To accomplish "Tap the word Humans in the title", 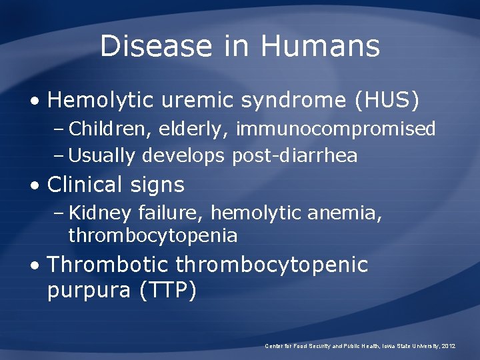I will tap(320, 47).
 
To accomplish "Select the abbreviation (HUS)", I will tap(388, 100).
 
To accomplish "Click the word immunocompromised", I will tap(336, 129).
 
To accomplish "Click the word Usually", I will tap(102, 156).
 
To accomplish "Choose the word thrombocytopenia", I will tap(153, 236).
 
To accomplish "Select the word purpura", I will tap(89, 291).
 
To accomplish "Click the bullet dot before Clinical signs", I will tap(34, 185).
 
